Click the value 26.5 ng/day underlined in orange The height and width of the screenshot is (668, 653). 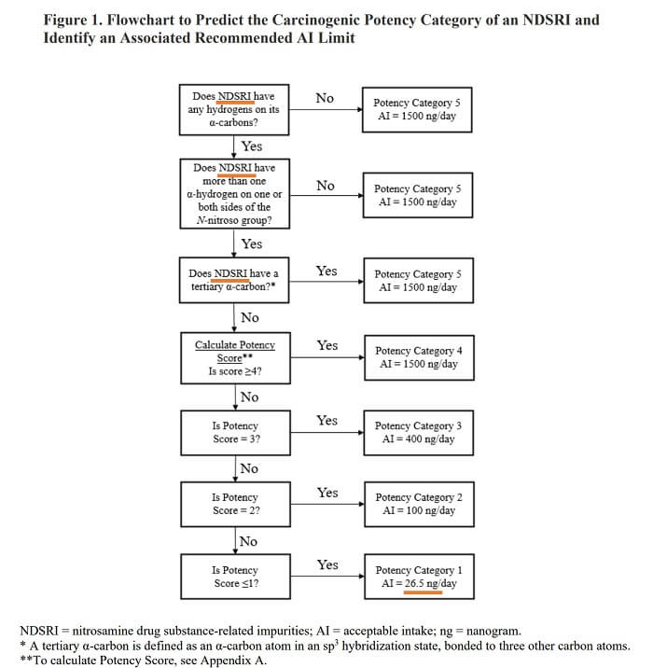pyautogui.click(x=430, y=583)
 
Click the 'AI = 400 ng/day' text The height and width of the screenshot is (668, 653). pyautogui.click(x=418, y=439)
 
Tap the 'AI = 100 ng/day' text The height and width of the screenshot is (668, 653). pyautogui.click(x=419, y=510)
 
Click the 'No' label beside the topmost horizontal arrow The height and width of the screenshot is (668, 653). pyautogui.click(x=325, y=98)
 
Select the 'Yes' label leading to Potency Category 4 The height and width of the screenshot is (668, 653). pyautogui.click(x=327, y=345)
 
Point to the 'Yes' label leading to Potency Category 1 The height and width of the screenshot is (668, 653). pyautogui.click(x=327, y=564)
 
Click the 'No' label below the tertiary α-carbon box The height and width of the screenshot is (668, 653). pyautogui.click(x=250, y=317)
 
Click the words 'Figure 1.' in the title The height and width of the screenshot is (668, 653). pyautogui.click(x=73, y=20)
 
